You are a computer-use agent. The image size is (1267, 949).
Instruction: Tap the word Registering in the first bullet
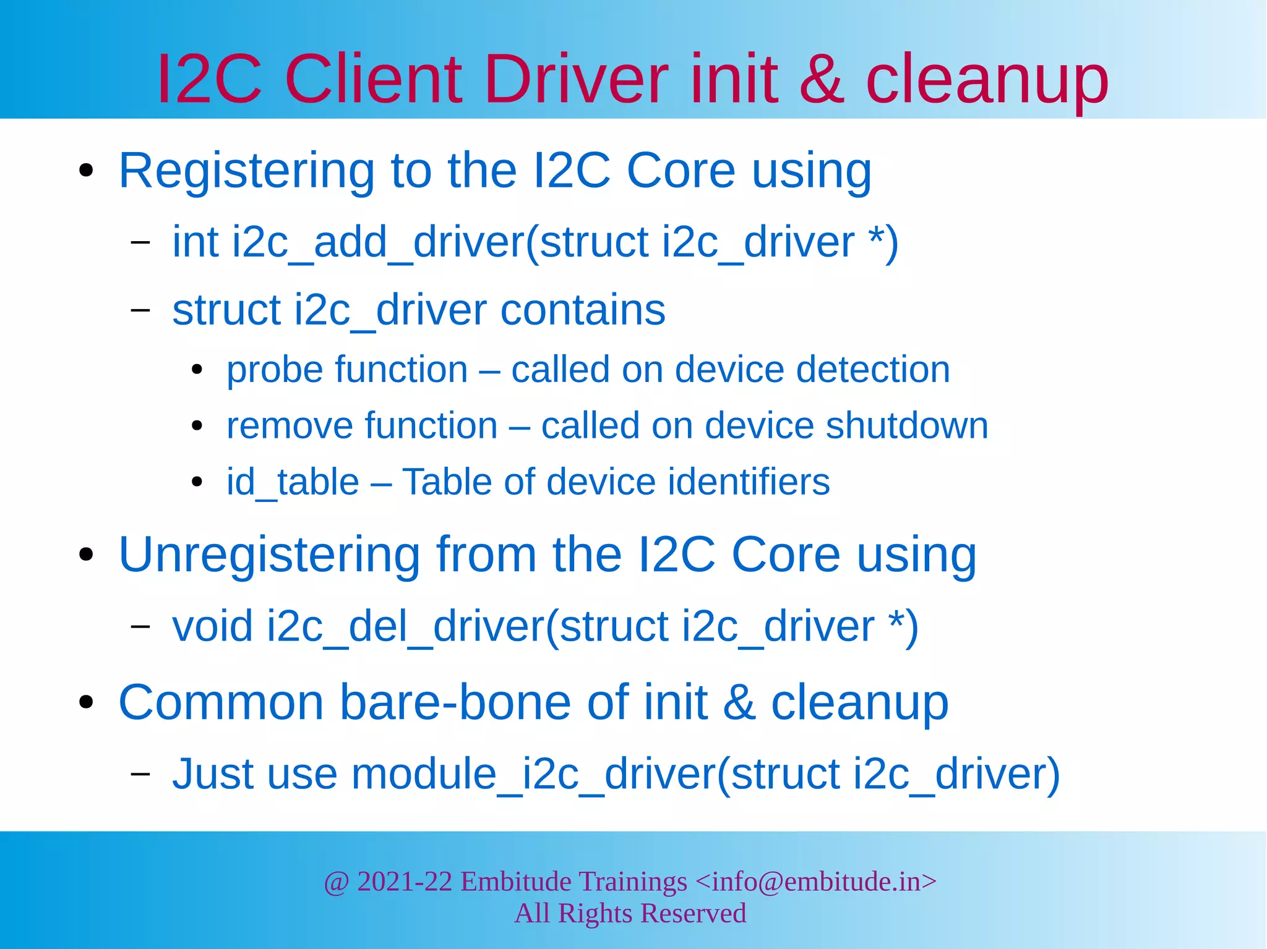coord(247,171)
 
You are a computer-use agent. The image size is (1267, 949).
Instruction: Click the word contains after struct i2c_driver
coord(583,310)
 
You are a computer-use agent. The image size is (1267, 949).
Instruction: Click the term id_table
coord(293,482)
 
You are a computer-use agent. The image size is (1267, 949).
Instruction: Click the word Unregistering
coord(269,555)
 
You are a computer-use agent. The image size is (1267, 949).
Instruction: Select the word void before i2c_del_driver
coord(212,626)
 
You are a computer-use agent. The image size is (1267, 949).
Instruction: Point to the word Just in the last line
coord(212,774)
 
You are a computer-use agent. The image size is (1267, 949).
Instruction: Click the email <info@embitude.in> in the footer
coord(815,882)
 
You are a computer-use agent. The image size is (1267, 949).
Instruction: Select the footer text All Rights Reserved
coord(630,914)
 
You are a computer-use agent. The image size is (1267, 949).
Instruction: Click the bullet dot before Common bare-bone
coord(87,702)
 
